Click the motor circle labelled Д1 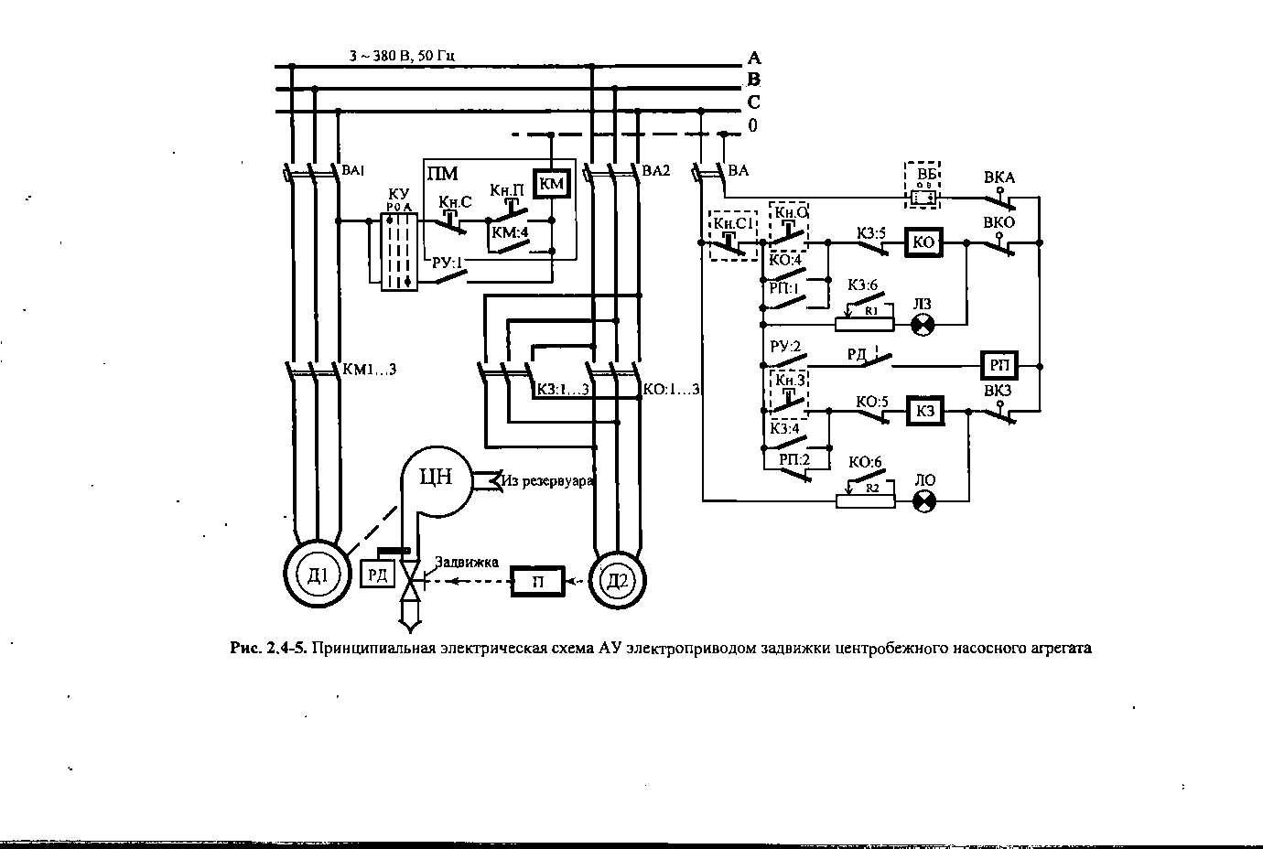316,575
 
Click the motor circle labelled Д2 620,580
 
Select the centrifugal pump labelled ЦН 437,478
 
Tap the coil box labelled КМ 552,184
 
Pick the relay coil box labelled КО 924,242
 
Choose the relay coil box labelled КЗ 924,412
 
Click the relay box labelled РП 999,365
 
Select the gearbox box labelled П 538,581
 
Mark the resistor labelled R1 866,324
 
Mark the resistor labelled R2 866,500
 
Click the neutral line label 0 753,125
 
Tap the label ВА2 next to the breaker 656,170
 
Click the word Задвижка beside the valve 467,562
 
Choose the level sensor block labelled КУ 399,252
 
